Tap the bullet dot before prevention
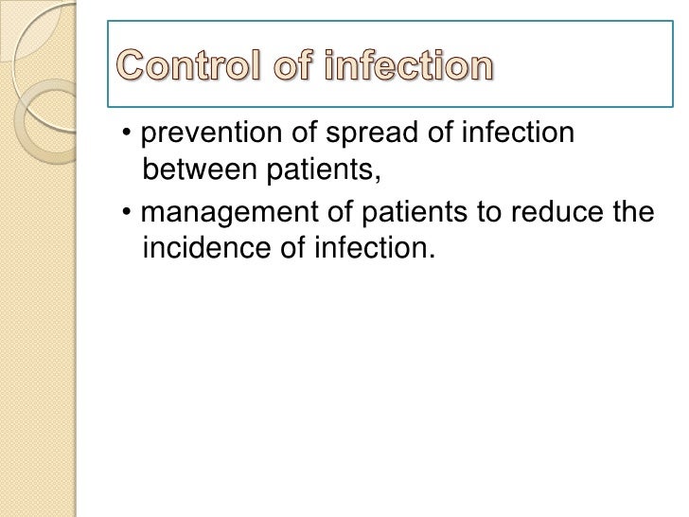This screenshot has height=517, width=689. point(127,134)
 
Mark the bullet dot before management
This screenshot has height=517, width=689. point(127,213)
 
